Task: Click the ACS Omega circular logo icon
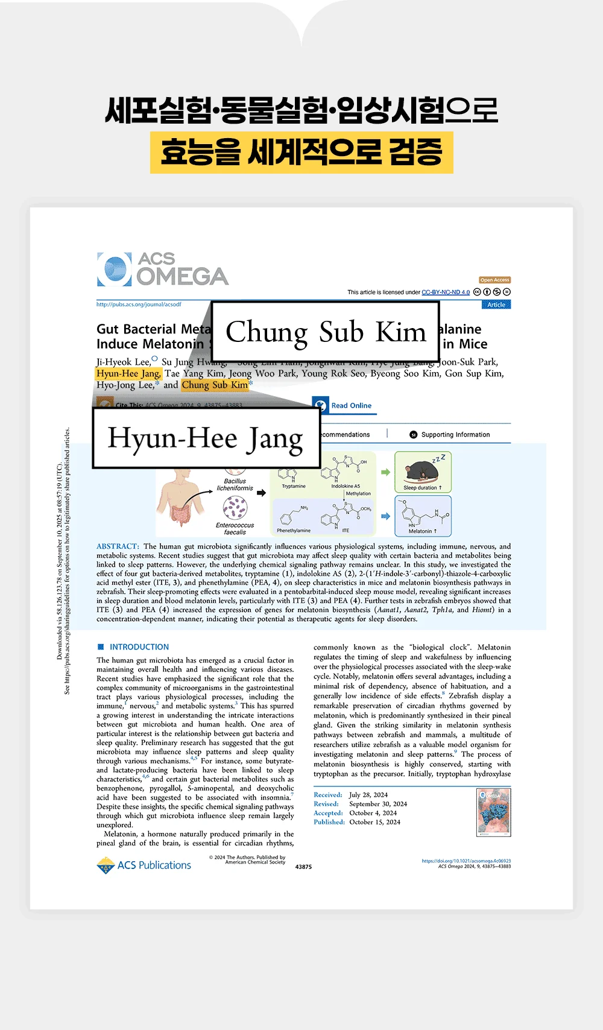coord(114,269)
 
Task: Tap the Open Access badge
coord(494,280)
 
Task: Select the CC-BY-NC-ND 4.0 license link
coord(445,292)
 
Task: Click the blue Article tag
coord(496,305)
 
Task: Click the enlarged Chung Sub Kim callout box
coord(325,332)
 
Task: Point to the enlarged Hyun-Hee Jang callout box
coord(206,438)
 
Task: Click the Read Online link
coord(351,406)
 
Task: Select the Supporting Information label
coord(455,434)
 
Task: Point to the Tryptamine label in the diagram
coord(294,486)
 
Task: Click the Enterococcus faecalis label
coord(235,529)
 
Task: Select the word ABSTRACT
coord(118,546)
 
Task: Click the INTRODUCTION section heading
coord(139,647)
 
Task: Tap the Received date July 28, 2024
coord(368,795)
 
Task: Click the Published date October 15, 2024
coord(374,822)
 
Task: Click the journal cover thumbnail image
coord(494,812)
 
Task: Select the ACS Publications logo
coord(144,865)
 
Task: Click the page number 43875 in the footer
coord(303,867)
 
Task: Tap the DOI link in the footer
coord(466,861)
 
